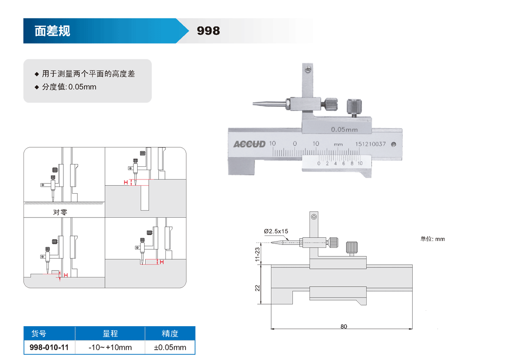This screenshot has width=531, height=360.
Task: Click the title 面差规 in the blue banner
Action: tap(52, 31)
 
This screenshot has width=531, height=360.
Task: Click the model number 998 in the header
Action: tap(208, 31)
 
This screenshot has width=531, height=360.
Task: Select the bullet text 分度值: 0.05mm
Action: tap(69, 87)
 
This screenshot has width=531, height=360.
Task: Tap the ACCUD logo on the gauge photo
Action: tap(250, 144)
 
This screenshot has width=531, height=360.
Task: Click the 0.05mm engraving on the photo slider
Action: tap(344, 129)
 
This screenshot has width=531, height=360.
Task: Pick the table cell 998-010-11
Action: tap(49, 347)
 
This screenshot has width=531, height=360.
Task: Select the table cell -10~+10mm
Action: tap(110, 347)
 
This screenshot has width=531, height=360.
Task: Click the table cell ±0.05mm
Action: tap(170, 347)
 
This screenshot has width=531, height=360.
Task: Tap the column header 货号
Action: tap(39, 334)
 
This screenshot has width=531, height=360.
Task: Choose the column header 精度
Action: tap(170, 334)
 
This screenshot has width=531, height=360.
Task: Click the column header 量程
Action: tap(110, 334)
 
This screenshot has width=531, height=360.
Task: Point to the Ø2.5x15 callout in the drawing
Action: tap(276, 231)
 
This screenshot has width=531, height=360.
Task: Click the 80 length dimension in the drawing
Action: tap(344, 326)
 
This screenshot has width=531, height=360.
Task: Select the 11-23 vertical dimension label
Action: tap(258, 254)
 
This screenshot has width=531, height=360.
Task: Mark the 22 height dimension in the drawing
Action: tap(258, 288)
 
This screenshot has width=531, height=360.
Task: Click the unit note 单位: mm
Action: tap(432, 239)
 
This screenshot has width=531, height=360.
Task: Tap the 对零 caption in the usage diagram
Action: tap(60, 212)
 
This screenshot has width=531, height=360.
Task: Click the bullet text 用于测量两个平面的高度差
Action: tap(88, 74)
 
